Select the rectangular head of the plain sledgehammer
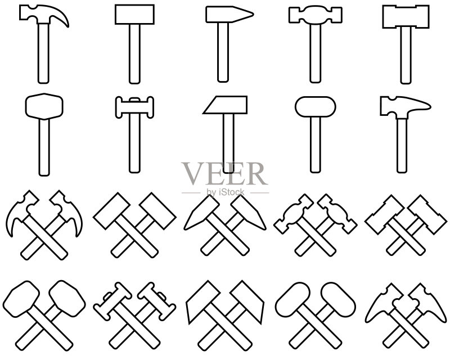134,15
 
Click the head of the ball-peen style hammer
315,15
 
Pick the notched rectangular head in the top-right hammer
406,16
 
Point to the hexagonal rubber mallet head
44,106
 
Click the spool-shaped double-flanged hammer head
134,107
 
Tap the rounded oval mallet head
316,107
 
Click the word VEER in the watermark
224,174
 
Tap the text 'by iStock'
226,192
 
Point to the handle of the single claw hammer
43,53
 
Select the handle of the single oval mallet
316,145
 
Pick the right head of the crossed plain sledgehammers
158,211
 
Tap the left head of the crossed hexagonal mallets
21,299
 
